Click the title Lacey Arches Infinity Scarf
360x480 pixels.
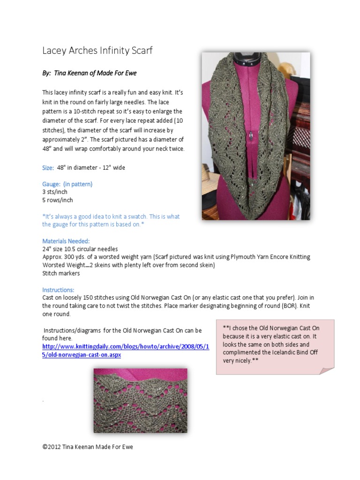point(97,51)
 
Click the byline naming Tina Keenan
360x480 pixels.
point(89,74)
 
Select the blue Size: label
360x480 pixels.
point(48,168)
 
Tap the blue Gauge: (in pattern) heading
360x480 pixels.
point(67,184)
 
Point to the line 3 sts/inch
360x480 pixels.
point(55,192)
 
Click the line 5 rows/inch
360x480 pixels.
point(57,200)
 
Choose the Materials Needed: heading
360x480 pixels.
point(66,241)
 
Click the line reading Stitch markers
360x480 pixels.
point(61,273)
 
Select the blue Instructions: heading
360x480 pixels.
point(58,290)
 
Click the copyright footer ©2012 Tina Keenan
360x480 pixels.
point(88,447)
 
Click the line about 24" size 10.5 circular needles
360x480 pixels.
point(80,249)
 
